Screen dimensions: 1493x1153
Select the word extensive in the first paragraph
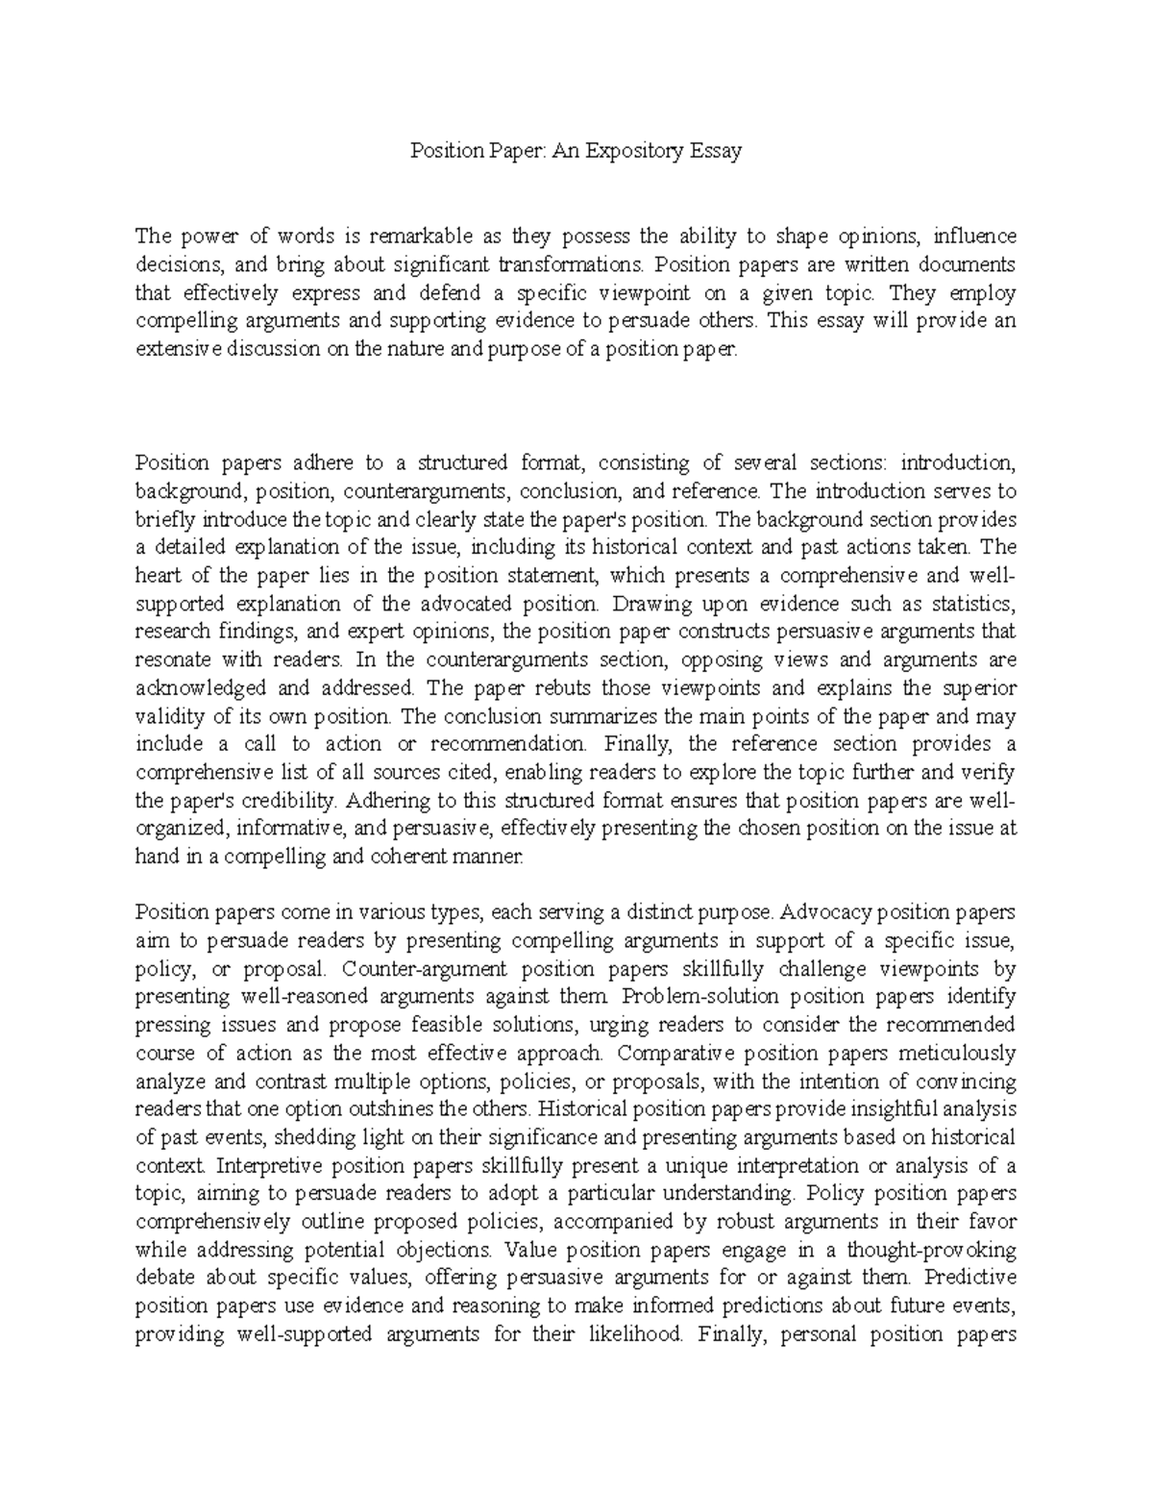[x=179, y=349]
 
